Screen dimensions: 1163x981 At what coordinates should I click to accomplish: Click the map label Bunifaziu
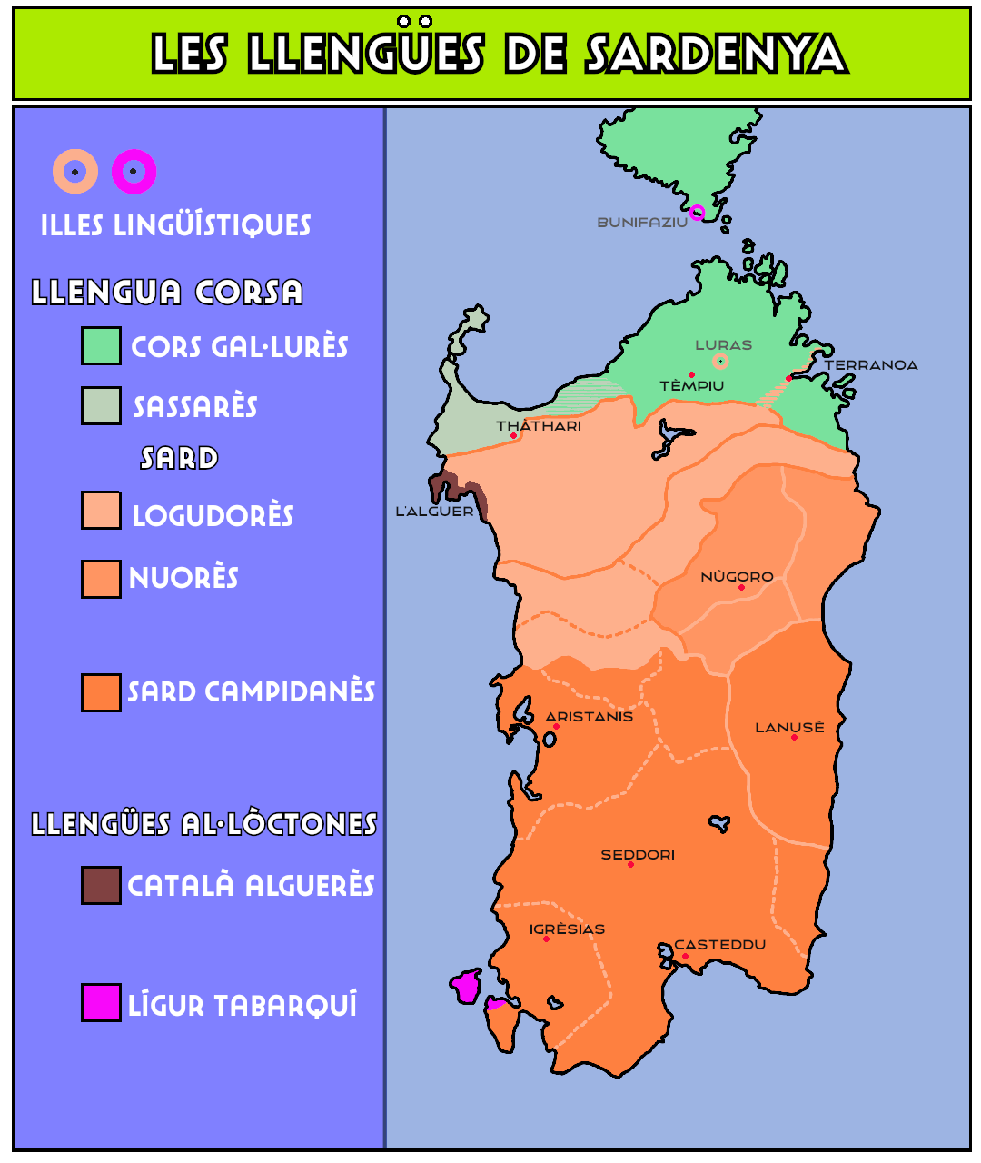[641, 223]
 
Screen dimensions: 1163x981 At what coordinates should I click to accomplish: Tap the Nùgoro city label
[737, 577]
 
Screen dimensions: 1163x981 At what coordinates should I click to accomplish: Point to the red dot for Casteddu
[685, 956]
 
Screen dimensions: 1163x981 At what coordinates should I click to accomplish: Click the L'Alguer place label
[434, 512]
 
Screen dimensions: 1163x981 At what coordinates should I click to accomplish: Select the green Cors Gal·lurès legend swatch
[101, 346]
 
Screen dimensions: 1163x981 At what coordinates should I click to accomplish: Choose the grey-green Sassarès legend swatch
[101, 406]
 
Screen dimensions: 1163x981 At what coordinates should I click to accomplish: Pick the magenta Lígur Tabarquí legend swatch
[101, 1003]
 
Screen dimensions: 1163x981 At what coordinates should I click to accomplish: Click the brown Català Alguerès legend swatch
[101, 885]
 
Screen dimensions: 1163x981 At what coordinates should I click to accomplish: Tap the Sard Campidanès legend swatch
[101, 692]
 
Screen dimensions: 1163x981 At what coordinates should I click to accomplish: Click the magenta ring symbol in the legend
[134, 172]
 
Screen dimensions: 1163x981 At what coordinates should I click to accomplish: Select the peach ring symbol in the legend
[75, 172]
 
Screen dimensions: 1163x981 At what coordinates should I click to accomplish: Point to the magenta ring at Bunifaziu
[697, 213]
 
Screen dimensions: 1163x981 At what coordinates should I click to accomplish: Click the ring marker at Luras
[720, 362]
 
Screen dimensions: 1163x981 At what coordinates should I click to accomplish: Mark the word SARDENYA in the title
[716, 55]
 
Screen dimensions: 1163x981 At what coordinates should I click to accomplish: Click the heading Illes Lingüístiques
[175, 225]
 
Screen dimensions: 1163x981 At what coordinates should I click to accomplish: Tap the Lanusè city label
[789, 728]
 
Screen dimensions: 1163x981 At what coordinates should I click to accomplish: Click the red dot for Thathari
[513, 436]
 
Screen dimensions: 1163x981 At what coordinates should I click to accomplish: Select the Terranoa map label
[870, 365]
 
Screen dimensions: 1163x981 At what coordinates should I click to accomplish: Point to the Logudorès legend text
[213, 516]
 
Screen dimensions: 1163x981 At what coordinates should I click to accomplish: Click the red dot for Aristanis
[556, 727]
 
